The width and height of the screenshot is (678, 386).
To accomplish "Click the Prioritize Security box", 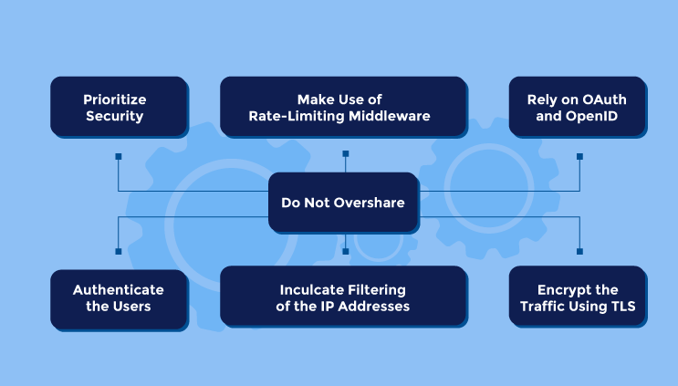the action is tap(120, 107).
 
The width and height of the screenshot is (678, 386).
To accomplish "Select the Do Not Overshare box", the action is tap(344, 203).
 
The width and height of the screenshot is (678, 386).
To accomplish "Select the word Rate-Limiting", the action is tap(297, 116).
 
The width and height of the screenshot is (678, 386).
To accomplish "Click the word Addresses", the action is tap(373, 306).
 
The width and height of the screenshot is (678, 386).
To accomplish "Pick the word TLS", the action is tap(623, 306).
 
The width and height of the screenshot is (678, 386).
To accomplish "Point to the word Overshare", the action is tap(370, 203).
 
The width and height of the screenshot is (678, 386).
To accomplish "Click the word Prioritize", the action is tap(115, 99).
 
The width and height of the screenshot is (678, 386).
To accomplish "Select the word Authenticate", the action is tap(118, 289).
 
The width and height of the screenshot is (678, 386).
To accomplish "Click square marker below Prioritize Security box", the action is tap(119, 156).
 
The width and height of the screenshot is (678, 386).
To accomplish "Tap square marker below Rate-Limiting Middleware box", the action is tap(346, 154).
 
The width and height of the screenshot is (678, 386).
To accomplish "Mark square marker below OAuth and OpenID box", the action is tap(579, 156).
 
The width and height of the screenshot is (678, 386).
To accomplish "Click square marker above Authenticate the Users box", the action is tap(119, 252).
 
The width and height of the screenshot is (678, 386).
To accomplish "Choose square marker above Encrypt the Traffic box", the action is tap(579, 252).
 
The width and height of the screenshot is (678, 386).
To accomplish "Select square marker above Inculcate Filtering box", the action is tap(346, 252).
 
